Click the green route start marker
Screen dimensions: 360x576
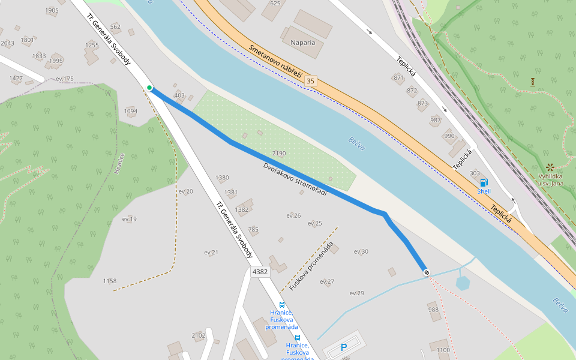[149, 88]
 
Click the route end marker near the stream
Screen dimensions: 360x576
[427, 273]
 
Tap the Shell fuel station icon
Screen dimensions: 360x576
[484, 182]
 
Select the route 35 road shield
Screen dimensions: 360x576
[310, 81]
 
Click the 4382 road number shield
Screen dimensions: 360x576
[260, 272]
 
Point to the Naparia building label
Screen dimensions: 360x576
[303, 43]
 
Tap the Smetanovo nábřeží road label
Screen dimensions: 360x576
[274, 57]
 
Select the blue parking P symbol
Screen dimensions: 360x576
[344, 347]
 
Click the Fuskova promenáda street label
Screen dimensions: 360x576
[310, 268]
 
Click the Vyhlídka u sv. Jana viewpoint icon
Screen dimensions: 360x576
[550, 167]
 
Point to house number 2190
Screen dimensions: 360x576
[279, 154]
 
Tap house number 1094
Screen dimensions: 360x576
[130, 111]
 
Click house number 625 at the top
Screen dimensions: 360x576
[275, 4]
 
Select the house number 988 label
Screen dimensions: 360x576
[433, 310]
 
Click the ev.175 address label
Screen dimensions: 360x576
[64, 79]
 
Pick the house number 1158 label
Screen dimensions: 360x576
[110, 281]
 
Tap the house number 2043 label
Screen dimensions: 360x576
[7, 43]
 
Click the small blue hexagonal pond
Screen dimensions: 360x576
[463, 283]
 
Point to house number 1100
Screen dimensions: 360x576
[443, 350]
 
